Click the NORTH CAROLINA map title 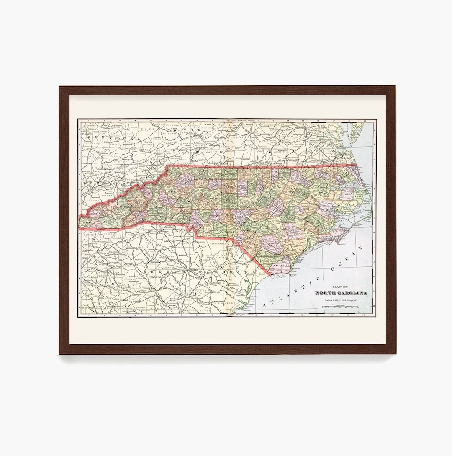coord(341,293)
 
